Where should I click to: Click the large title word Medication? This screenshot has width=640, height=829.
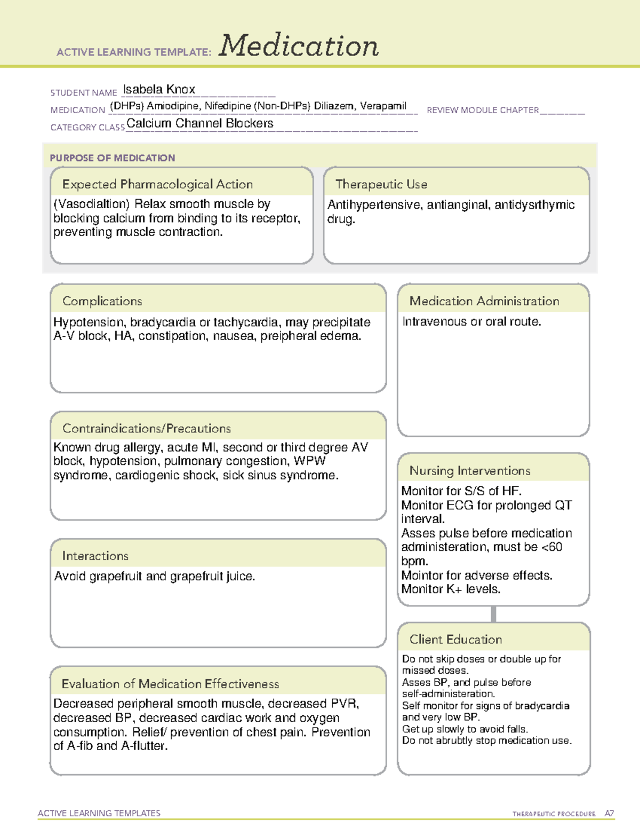point(299,46)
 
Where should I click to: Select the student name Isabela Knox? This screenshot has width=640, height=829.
point(159,89)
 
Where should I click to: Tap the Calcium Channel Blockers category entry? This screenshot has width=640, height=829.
point(199,123)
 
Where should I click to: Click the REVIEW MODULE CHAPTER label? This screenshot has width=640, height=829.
point(483,110)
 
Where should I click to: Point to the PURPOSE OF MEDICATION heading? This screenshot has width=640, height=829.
point(112,158)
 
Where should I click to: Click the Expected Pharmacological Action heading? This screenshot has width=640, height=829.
point(157,184)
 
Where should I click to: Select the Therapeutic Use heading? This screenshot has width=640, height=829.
point(381,184)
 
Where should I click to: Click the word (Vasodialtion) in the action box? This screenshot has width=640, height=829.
point(92,204)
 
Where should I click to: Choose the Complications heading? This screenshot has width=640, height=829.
point(102,301)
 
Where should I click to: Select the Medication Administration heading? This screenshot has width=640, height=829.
point(484,301)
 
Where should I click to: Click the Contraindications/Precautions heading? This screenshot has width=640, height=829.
point(146,428)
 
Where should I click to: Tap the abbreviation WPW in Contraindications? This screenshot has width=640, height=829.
point(309,461)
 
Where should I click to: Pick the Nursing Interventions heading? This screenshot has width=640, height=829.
point(469,470)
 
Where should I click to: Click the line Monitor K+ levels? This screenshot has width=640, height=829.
point(451,589)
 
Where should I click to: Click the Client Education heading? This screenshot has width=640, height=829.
point(455,639)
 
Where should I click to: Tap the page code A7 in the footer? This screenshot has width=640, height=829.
point(609,814)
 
